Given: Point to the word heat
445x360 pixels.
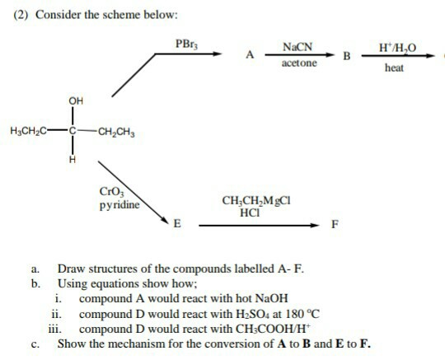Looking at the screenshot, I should click(395, 68).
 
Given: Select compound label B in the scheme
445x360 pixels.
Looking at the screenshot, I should click(347, 57).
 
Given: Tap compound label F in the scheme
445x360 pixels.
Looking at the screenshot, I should click(334, 224).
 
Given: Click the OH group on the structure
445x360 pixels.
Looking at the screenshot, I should click(76, 101).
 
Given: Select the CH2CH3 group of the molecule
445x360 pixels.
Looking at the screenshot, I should click(118, 131).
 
